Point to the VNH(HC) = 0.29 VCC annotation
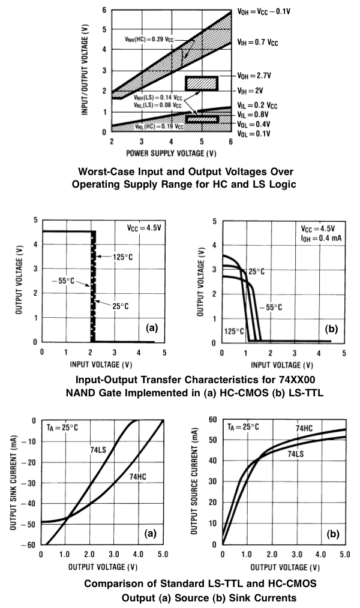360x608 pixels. coord(155,38)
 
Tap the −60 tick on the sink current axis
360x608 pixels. coord(30,545)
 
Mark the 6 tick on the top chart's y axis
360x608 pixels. coord(104,10)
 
